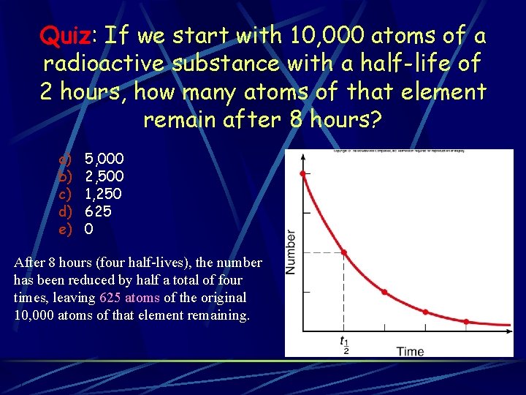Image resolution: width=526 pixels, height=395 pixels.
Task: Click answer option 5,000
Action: coord(104,159)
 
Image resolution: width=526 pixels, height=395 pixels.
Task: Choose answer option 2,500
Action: coord(104,176)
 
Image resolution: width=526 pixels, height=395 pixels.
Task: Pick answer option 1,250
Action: coord(104,194)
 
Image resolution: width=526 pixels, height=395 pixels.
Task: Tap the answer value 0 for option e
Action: coord(88,229)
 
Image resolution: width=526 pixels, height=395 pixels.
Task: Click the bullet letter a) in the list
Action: coord(65,159)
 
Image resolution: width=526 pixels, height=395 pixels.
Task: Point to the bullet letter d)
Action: coord(65,211)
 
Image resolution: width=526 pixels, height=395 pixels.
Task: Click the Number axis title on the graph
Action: coord(291,252)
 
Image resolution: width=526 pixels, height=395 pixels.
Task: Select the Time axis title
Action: coord(410,352)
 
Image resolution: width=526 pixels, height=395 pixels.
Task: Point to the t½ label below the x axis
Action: coord(343,345)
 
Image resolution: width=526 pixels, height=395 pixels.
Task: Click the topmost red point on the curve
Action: coord(302,173)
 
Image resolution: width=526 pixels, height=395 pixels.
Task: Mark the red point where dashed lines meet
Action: coord(343,253)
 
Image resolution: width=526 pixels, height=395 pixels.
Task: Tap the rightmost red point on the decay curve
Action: coord(466,321)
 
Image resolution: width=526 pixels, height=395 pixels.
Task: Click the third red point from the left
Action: coord(384,292)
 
